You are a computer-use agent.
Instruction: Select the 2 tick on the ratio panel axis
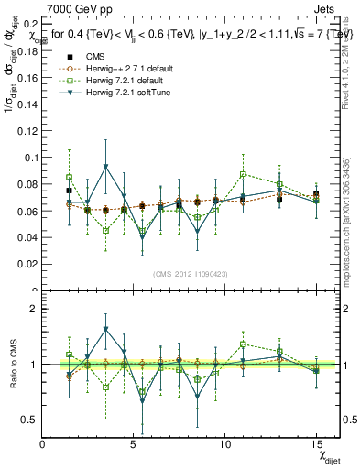(x=34, y=310)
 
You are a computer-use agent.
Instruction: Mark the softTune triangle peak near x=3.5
(x=106, y=167)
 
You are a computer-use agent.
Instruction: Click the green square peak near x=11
(x=243, y=174)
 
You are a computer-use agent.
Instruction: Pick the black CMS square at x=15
(x=316, y=193)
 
